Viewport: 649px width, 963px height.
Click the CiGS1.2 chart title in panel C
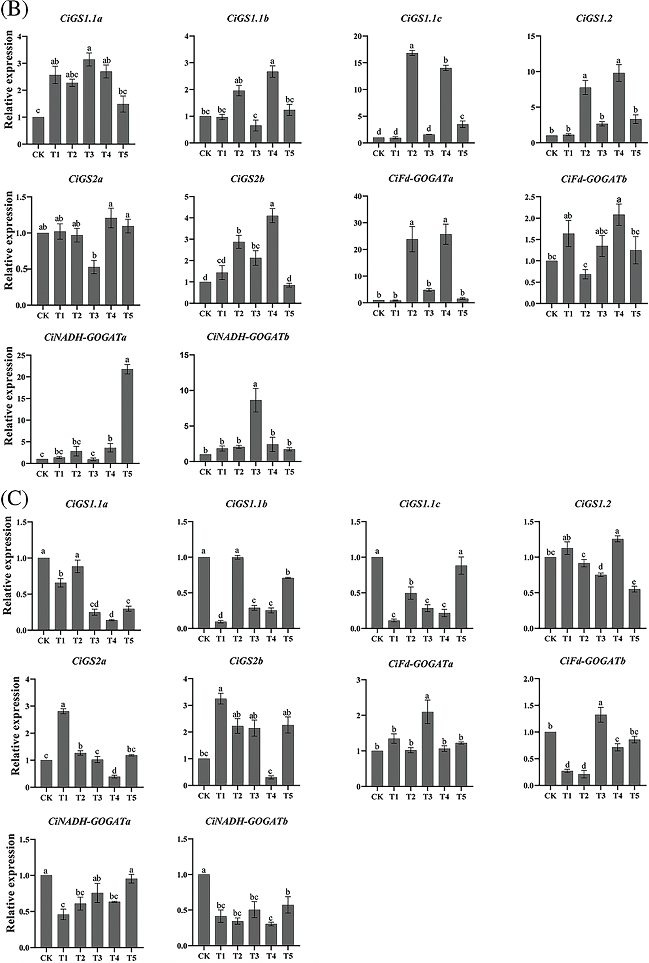[593, 504]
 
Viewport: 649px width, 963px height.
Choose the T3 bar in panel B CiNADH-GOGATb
[256, 431]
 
